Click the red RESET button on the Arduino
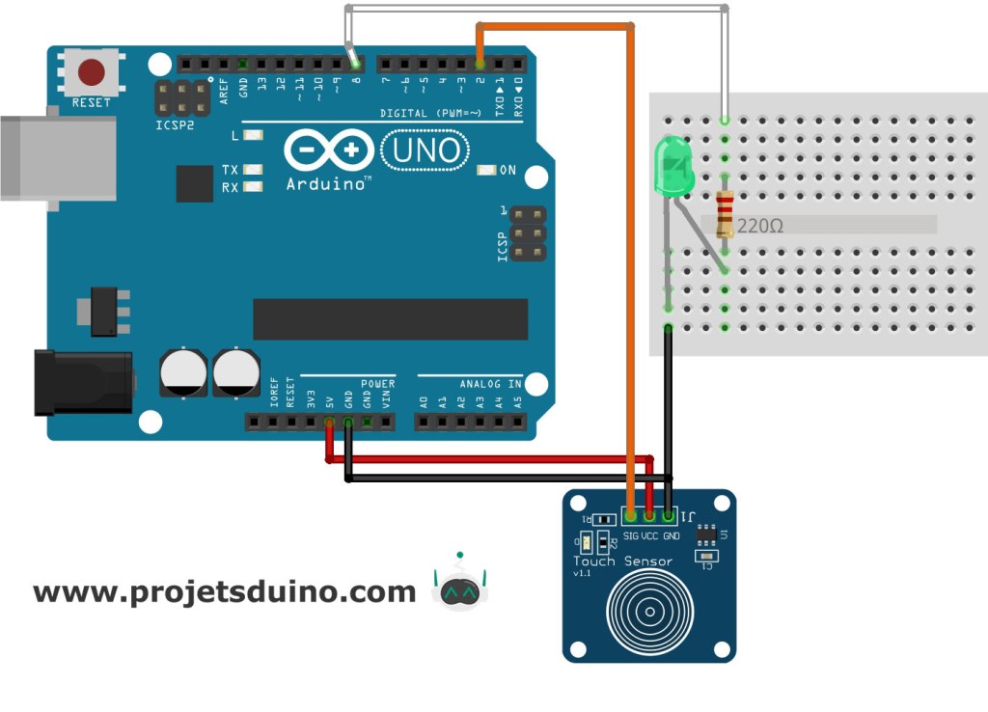pos(92,72)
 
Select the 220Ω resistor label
pos(759,227)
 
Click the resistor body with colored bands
pos(725,213)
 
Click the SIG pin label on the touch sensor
pos(631,534)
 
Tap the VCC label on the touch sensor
pos(650,534)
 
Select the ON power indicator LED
pos(486,171)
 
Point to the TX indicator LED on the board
pos(253,169)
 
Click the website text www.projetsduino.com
pos(224,591)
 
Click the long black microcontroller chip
pos(390,319)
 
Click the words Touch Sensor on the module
pos(622,561)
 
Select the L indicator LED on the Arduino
pos(253,135)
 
